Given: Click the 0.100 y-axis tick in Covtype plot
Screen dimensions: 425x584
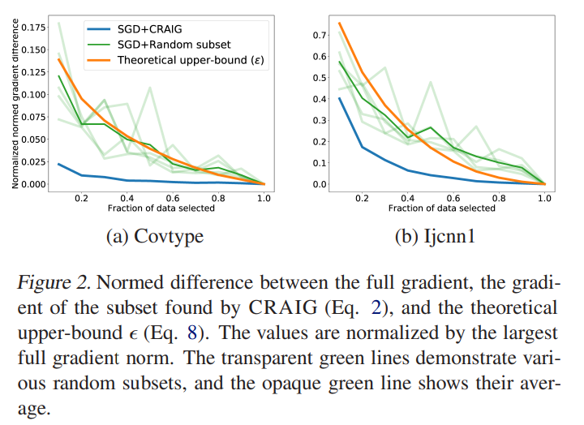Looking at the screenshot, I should pos(34,94).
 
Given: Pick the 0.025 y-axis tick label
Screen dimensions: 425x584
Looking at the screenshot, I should pos(34,161).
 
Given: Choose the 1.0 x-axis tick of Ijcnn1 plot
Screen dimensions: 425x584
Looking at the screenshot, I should pos(544,197).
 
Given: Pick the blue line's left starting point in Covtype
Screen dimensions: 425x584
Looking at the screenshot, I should pos(59,164).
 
